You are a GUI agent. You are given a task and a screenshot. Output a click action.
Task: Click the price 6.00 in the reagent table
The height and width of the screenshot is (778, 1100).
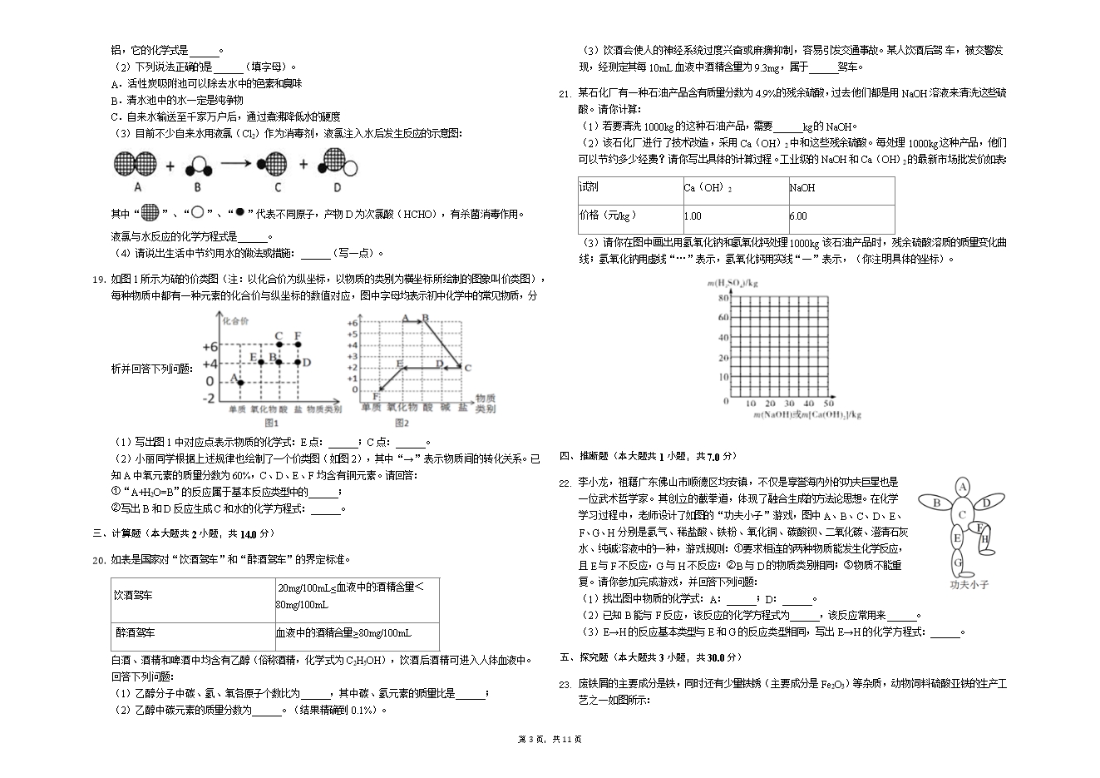(798, 216)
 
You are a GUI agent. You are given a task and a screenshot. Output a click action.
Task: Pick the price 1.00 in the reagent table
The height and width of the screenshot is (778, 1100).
(693, 216)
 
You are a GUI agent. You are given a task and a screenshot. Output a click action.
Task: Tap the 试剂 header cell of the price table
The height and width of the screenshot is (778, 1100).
(589, 187)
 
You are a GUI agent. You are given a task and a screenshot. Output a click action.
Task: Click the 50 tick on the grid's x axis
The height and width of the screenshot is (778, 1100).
(829, 404)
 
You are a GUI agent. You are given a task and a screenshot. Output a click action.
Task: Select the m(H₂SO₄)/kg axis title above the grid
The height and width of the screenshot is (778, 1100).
(733, 284)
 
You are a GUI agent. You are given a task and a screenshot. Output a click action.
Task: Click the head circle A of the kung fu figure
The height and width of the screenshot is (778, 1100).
(962, 488)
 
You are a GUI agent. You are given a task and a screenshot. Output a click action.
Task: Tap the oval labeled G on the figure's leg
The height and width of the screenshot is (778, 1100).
(958, 563)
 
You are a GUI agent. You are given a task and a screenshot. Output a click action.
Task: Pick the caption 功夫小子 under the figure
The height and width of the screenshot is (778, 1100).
(969, 585)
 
